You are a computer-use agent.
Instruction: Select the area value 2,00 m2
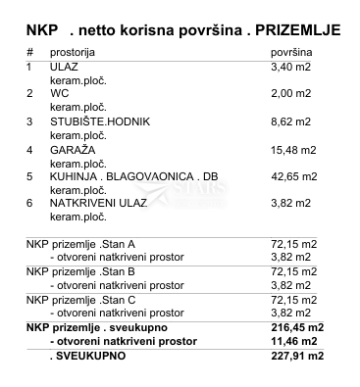pos(290,94)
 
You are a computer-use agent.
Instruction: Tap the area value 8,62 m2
pos(290,121)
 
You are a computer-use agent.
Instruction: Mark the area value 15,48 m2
pos(292,150)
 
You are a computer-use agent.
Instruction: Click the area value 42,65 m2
pos(292,177)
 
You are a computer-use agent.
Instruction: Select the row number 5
pos(29,177)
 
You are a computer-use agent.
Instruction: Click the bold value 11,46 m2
pos(295,341)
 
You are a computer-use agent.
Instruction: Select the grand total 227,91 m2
pos(295,356)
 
